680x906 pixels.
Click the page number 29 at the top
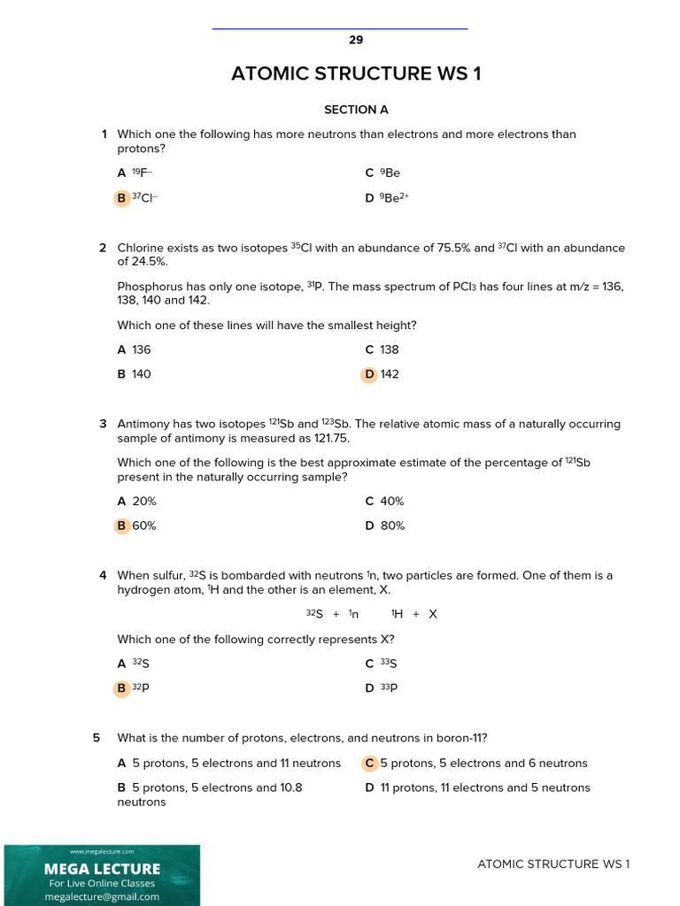click(x=356, y=40)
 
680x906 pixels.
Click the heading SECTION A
click(x=356, y=110)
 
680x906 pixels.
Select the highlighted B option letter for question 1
click(x=121, y=198)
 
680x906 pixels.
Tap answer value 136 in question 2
click(x=142, y=349)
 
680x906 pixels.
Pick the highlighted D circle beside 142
click(x=369, y=374)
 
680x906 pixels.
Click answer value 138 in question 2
click(x=390, y=349)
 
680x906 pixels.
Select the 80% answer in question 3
click(x=392, y=526)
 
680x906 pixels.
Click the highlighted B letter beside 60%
click(x=121, y=526)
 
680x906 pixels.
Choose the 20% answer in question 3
click(x=144, y=501)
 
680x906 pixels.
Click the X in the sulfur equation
click(x=433, y=614)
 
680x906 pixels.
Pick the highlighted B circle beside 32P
click(x=121, y=688)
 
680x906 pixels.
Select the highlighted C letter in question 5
click(x=369, y=763)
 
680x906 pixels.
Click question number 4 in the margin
click(x=103, y=575)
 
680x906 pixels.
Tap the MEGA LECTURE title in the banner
click(x=102, y=869)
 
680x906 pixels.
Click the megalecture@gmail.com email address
click(x=102, y=896)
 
